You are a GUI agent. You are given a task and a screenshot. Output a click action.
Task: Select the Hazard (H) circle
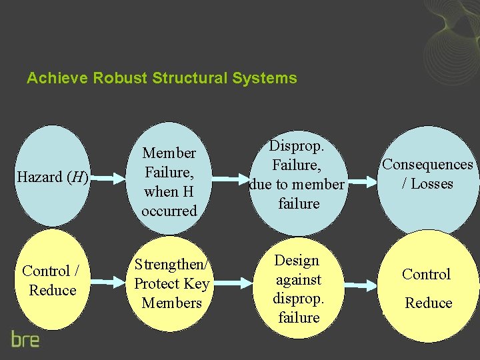(53, 177)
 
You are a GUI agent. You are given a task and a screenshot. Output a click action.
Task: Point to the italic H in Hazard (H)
(79, 177)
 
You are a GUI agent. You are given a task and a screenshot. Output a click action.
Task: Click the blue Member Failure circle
(169, 179)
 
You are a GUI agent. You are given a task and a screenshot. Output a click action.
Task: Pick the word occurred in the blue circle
(169, 211)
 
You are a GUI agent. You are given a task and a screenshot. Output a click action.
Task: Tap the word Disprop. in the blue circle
(298, 145)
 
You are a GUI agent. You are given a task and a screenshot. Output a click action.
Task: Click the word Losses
(431, 184)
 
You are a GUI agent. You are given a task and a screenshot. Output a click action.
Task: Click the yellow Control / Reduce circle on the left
(50, 281)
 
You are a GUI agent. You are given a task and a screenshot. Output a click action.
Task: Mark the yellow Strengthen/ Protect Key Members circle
(171, 283)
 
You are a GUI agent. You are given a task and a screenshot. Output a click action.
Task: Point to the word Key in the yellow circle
(197, 283)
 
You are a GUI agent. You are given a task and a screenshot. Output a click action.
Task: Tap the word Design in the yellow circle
(297, 260)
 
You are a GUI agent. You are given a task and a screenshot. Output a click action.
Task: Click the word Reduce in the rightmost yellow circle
(429, 303)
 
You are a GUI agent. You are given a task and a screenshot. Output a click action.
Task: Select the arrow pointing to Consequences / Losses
(363, 181)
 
